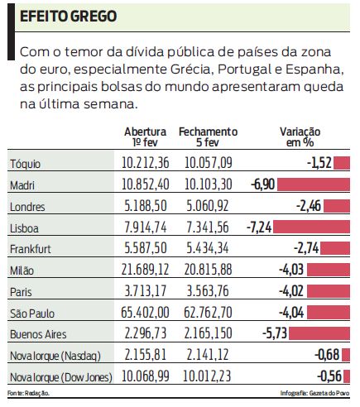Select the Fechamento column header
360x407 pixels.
pos(208,136)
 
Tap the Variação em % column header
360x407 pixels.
pos(300,136)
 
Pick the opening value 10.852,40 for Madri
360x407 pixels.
pos(145,184)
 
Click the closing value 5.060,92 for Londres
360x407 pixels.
pos(208,205)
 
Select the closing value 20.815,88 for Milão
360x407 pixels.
pos(208,271)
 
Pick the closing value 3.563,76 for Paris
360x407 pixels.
pos(208,292)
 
